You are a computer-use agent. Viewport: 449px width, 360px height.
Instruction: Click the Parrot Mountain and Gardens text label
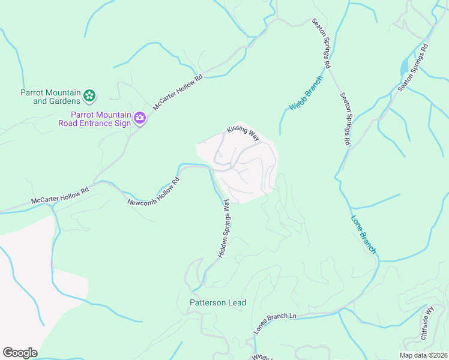click(50, 97)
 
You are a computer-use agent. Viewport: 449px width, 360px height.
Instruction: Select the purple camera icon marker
click(140, 118)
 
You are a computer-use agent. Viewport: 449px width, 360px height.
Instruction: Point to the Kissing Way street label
click(243, 133)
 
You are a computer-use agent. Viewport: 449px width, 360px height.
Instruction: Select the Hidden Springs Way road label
click(222, 229)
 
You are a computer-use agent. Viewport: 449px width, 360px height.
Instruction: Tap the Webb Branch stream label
click(306, 94)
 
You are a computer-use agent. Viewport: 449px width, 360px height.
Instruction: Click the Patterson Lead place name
click(218, 303)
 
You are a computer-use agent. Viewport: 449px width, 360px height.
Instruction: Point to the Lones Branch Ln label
click(275, 323)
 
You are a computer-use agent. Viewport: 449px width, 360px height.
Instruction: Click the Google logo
click(20, 353)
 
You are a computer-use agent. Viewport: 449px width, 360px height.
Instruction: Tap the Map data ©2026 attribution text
click(423, 355)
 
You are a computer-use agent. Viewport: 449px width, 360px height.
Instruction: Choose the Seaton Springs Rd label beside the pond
click(413, 67)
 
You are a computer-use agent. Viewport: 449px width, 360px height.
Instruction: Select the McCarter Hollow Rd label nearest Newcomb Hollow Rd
click(59, 197)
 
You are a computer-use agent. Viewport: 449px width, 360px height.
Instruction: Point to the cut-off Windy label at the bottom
click(262, 356)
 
